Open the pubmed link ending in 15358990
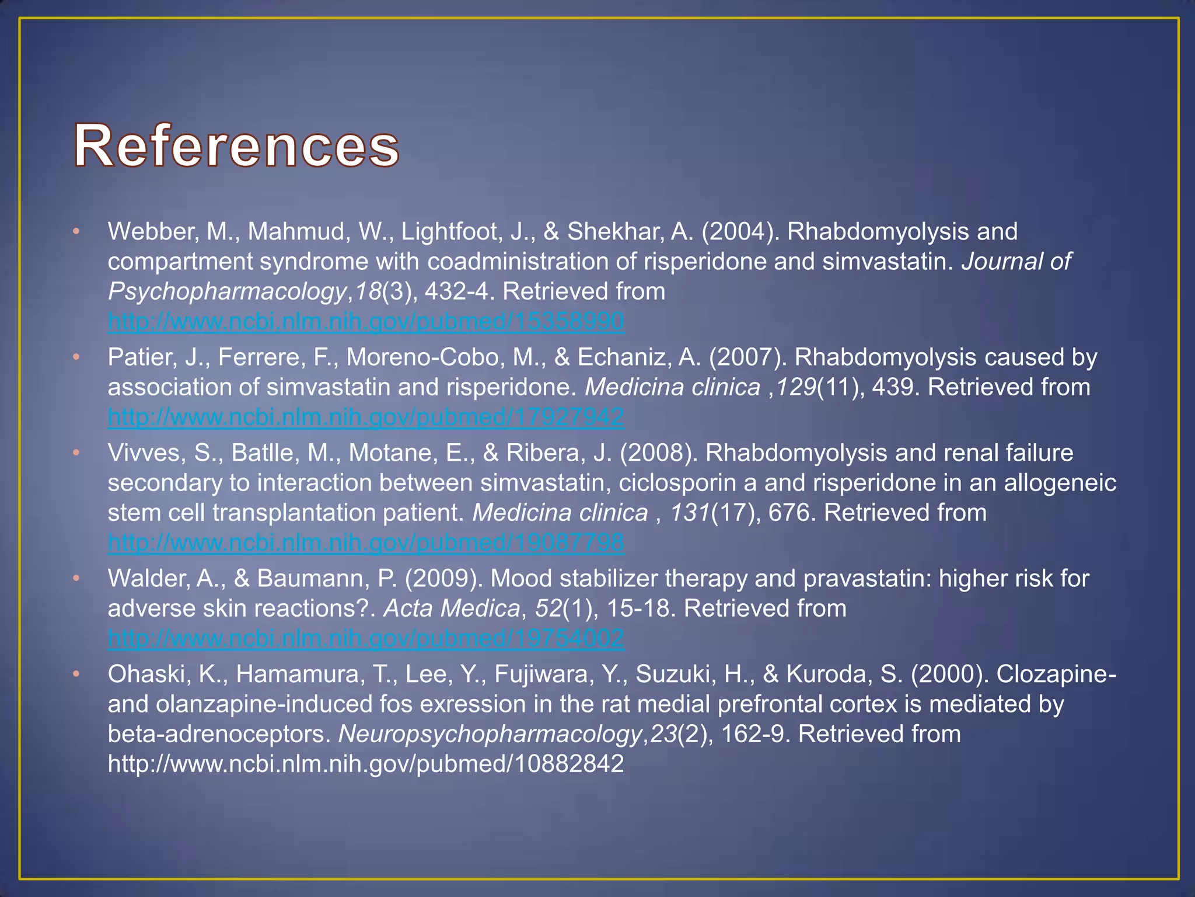(x=366, y=322)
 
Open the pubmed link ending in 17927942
(x=366, y=417)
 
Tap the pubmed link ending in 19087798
(x=366, y=543)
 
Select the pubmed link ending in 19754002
(x=366, y=638)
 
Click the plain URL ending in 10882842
(x=366, y=764)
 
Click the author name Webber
(x=153, y=232)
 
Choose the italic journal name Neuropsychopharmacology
(x=490, y=734)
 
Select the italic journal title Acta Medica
(x=451, y=609)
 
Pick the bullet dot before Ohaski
(x=76, y=675)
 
